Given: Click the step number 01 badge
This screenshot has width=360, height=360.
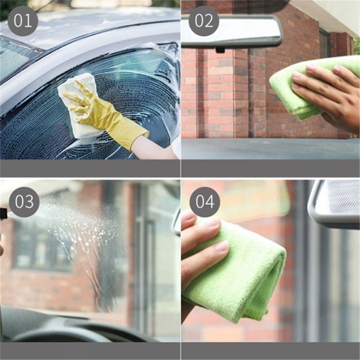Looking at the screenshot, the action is coord(22,21).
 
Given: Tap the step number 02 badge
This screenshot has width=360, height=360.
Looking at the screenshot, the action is coord(204,21).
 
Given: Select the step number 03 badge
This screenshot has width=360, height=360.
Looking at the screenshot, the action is coord(24,202).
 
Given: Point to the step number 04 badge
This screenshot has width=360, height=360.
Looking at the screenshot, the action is coord(205,202).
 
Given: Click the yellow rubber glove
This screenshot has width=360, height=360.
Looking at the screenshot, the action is coord(105,115).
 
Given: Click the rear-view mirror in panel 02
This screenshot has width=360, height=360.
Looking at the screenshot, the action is coord(232,31).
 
